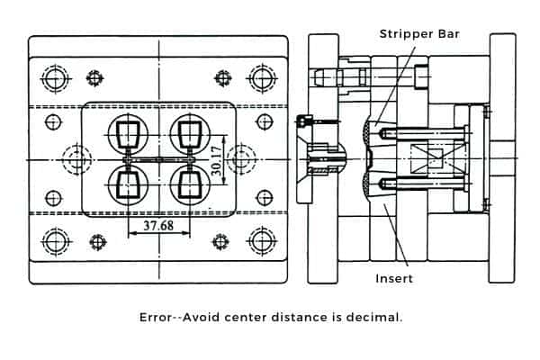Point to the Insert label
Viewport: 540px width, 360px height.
click(x=394, y=278)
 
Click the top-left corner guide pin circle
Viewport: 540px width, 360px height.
click(x=55, y=78)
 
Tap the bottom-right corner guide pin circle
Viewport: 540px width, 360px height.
click(x=262, y=240)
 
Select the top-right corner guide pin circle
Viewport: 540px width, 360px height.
click(x=262, y=78)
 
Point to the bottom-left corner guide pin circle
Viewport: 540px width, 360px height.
click(x=55, y=240)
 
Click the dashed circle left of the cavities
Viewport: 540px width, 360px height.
click(x=78, y=160)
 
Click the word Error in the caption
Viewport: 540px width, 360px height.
click(x=156, y=318)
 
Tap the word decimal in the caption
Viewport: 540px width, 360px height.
click(x=377, y=318)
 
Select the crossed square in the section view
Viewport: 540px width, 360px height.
click(x=429, y=160)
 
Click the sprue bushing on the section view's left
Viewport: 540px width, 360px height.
click(x=320, y=160)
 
